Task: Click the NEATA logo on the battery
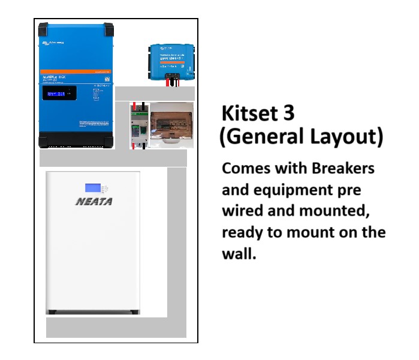[x=94, y=202]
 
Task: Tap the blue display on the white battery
[x=92, y=188]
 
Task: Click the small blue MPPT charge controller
[x=172, y=60]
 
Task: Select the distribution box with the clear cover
[x=172, y=124]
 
